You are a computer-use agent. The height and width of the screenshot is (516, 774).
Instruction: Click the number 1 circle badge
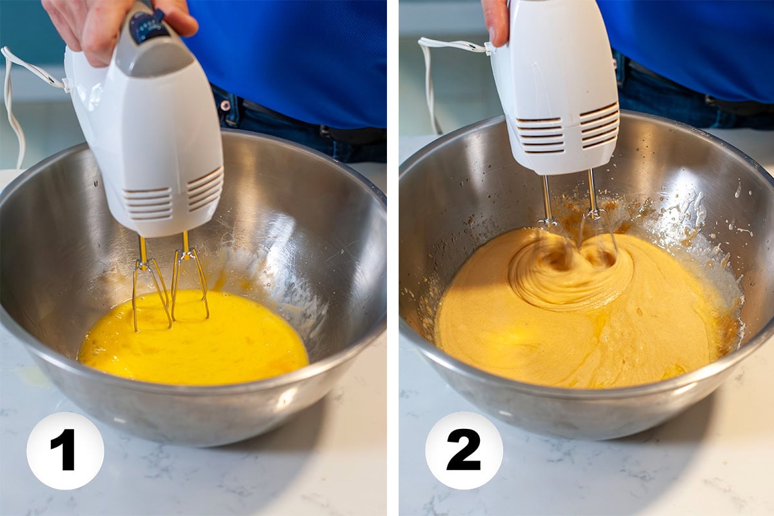tap(65, 450)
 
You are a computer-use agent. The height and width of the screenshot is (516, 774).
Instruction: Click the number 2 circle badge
tap(464, 450)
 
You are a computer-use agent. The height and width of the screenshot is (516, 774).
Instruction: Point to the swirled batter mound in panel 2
tap(568, 271)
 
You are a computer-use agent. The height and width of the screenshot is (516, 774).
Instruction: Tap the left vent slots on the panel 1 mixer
tap(148, 203)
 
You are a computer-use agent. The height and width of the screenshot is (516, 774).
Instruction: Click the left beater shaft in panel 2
tap(547, 200)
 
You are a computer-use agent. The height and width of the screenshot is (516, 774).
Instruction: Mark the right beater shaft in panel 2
tap(592, 193)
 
